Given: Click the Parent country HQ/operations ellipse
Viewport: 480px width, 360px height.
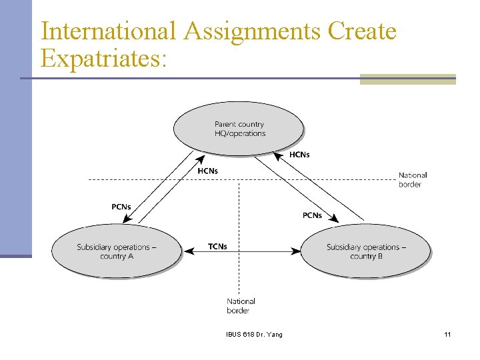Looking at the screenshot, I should click(239, 129).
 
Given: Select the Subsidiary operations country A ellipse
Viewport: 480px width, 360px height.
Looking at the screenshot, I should click(117, 251).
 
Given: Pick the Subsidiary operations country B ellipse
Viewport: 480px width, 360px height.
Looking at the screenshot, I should click(366, 251).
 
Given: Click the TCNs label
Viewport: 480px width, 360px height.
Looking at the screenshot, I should click(217, 247).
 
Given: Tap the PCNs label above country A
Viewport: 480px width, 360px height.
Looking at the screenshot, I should click(121, 207).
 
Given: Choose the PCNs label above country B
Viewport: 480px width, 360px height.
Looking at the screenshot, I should click(312, 215).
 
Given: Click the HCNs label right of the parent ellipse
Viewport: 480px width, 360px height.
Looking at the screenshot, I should click(299, 155).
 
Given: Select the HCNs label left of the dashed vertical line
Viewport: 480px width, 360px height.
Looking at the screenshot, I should click(207, 171).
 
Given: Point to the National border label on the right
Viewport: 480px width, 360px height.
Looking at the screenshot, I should click(413, 180).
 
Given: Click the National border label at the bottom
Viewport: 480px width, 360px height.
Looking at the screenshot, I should click(240, 306).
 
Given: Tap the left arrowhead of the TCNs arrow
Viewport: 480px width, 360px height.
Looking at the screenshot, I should click(189, 251).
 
